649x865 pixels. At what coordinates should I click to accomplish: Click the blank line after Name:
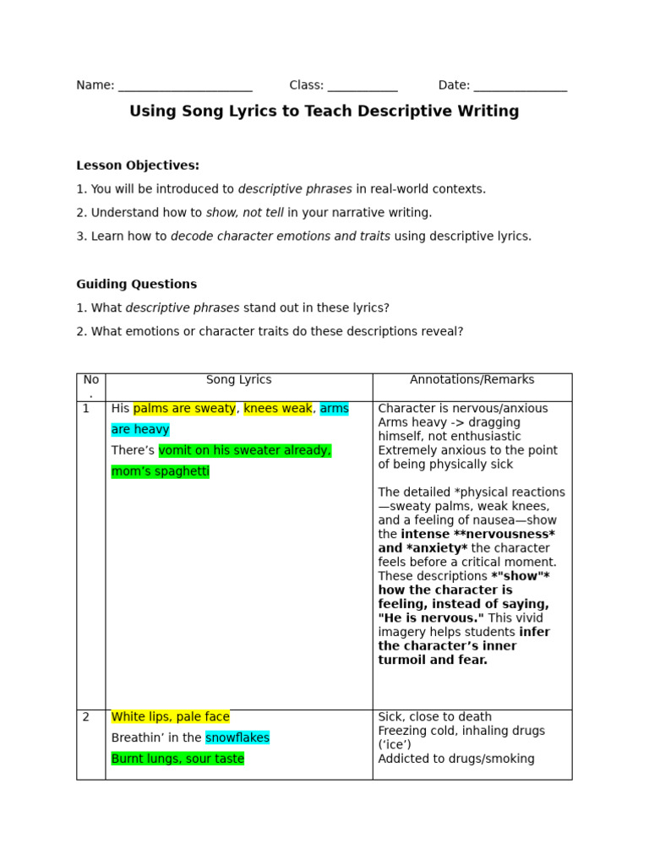(x=185, y=86)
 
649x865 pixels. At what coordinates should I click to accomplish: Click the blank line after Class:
(x=362, y=86)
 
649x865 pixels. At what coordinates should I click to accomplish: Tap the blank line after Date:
(x=520, y=86)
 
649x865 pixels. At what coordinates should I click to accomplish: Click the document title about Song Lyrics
(x=324, y=112)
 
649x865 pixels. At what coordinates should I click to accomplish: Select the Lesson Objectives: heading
(x=138, y=166)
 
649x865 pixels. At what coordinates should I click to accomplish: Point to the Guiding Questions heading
(x=136, y=285)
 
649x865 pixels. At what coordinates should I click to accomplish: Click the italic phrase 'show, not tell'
(x=245, y=213)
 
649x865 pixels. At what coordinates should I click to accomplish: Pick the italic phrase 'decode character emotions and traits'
(x=281, y=237)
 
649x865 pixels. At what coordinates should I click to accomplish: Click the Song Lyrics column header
(x=238, y=380)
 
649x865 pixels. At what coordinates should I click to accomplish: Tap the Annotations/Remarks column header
(x=472, y=380)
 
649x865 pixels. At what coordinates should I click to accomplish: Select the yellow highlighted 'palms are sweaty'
(x=184, y=409)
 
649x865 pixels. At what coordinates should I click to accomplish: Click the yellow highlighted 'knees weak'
(x=278, y=409)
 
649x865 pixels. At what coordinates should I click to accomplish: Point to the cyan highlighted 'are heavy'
(x=140, y=430)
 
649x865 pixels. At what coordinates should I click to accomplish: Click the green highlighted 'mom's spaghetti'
(x=160, y=471)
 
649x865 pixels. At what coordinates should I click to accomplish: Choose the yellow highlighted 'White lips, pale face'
(x=170, y=717)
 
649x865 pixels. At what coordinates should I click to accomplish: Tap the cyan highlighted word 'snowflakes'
(x=237, y=738)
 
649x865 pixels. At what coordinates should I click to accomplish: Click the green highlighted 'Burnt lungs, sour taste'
(x=177, y=759)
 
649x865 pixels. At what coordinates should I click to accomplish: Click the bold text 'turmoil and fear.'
(x=433, y=661)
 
